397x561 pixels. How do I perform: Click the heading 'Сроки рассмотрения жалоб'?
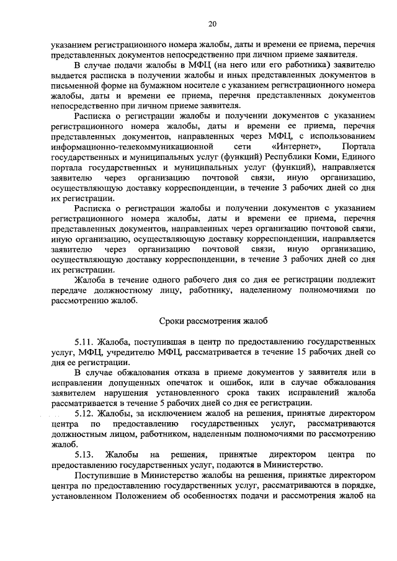pos(211,320)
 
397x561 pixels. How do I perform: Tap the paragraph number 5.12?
pos(83,412)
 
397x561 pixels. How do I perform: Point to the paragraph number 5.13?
pos(83,454)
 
